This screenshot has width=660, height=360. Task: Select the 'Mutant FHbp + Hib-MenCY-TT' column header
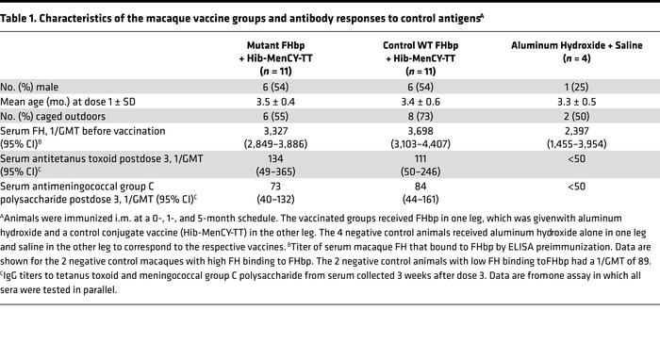(272, 55)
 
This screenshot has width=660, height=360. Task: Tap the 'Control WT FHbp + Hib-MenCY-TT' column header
(418, 55)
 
